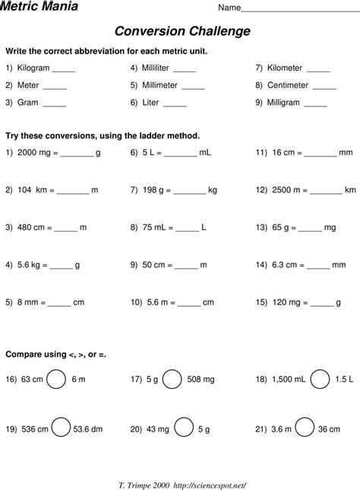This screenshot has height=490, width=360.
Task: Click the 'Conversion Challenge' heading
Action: click(x=182, y=31)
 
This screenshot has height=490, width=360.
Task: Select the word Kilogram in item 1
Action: click(x=33, y=68)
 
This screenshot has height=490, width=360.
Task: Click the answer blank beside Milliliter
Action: click(x=185, y=68)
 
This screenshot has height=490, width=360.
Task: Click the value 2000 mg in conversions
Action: click(x=36, y=152)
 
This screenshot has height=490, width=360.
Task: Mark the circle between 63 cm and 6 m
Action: click(x=56, y=378)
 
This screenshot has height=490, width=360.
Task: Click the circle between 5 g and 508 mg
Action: click(x=172, y=378)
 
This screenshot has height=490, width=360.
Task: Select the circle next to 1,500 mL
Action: click(x=321, y=378)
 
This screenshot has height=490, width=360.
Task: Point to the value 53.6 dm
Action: click(x=88, y=428)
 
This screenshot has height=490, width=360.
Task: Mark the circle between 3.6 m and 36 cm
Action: click(x=305, y=428)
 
